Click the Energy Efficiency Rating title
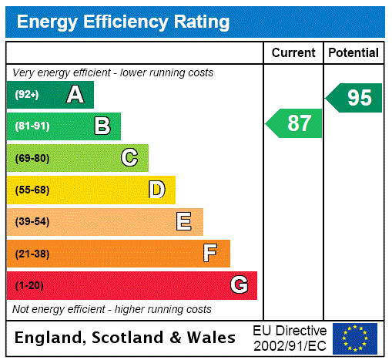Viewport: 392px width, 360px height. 123,22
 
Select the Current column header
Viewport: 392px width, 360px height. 293,53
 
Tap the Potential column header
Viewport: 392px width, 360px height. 353,53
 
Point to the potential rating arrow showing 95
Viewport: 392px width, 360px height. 355,98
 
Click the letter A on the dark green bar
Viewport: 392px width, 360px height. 75,95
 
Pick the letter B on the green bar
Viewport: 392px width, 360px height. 102,126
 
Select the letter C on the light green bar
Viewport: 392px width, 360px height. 129,158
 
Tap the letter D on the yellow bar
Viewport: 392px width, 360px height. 156,190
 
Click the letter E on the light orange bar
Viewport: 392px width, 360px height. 184,222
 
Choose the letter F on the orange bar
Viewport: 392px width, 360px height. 210,254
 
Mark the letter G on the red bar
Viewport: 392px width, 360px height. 239,285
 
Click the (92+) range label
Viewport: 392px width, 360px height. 26,95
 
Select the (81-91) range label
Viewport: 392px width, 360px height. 32,126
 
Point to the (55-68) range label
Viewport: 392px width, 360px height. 32,190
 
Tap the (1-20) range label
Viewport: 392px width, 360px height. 29,285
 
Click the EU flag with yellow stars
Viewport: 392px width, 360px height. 355,338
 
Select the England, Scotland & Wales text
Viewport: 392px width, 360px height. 126,338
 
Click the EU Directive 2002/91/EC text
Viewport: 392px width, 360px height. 290,338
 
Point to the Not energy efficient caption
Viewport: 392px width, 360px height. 112,309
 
